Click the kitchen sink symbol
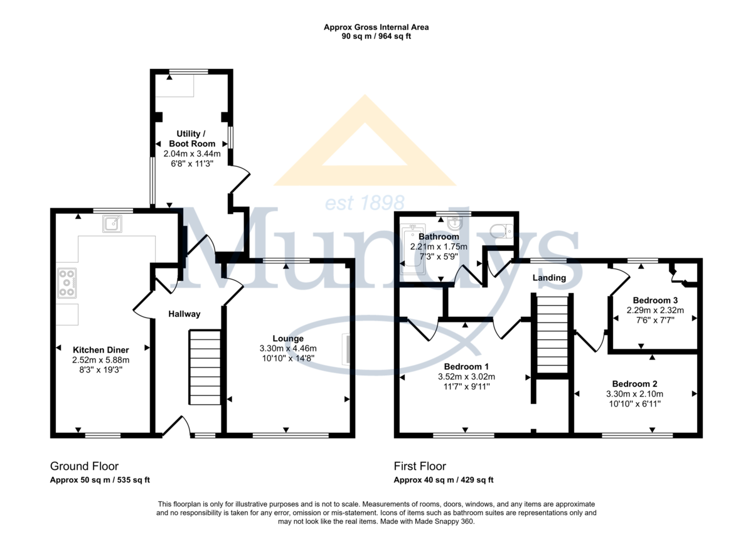(x=112, y=224)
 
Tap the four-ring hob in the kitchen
(x=67, y=283)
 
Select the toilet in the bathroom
(x=501, y=231)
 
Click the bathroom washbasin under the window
(x=455, y=223)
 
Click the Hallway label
(x=184, y=314)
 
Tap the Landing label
(x=549, y=277)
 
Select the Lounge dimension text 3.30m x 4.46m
(x=288, y=348)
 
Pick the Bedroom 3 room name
(x=655, y=300)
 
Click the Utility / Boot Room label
(x=192, y=139)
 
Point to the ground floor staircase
(x=205, y=367)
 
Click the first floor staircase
(x=553, y=334)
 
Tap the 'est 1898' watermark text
(x=365, y=203)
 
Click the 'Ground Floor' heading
(x=84, y=466)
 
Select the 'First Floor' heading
(x=420, y=466)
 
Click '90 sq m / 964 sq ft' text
(x=376, y=36)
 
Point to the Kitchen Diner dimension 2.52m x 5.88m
(x=101, y=360)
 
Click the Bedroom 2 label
(x=634, y=384)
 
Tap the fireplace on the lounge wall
(x=346, y=349)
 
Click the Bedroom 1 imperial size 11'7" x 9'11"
(x=467, y=387)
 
